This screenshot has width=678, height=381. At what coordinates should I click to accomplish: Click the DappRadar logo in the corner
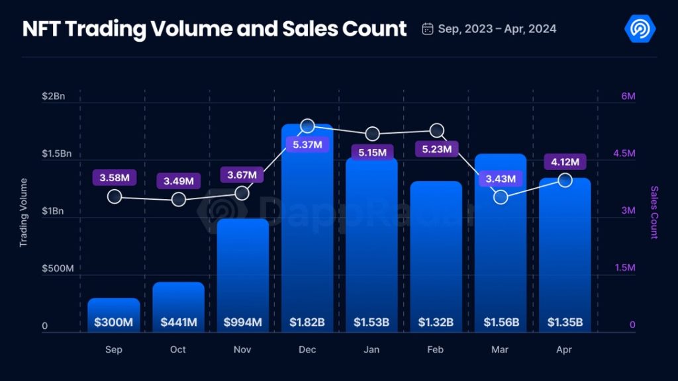tap(640, 28)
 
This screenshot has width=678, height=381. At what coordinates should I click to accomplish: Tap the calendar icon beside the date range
tap(428, 28)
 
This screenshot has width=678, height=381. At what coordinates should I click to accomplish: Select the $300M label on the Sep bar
tap(113, 323)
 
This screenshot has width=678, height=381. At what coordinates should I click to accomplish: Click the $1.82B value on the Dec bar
tap(307, 323)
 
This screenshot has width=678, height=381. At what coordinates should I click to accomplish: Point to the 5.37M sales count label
tap(308, 145)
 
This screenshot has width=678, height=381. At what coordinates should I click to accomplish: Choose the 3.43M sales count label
tap(501, 179)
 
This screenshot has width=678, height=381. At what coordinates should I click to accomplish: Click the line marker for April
tap(565, 180)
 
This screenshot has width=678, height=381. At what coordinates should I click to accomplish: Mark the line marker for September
tap(115, 196)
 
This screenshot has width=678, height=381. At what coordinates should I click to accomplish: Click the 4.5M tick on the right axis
tap(624, 154)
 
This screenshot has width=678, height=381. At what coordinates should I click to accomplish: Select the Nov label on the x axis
tap(242, 349)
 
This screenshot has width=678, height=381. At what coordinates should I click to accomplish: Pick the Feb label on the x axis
tap(436, 349)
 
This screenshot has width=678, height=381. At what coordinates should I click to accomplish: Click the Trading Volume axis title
tap(23, 212)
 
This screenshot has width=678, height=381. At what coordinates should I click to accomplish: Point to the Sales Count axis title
tap(654, 212)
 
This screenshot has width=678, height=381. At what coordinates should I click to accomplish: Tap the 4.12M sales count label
tap(565, 161)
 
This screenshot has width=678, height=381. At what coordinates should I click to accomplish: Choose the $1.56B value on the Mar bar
tap(501, 323)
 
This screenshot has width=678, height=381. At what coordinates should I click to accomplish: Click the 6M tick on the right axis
tap(628, 97)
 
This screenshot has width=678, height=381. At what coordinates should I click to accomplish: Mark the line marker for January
tap(372, 134)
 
